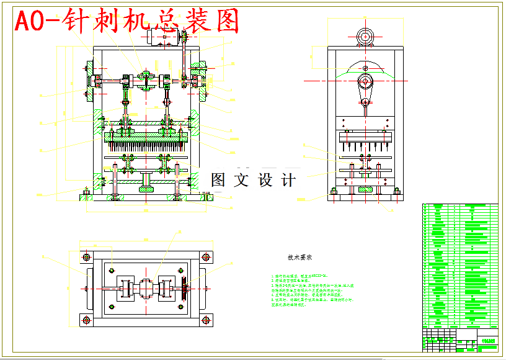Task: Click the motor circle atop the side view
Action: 365,35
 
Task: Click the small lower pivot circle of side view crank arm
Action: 365,101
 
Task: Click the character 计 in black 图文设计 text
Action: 288,181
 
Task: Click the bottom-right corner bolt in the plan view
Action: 205,320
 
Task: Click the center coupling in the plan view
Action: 146,289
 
